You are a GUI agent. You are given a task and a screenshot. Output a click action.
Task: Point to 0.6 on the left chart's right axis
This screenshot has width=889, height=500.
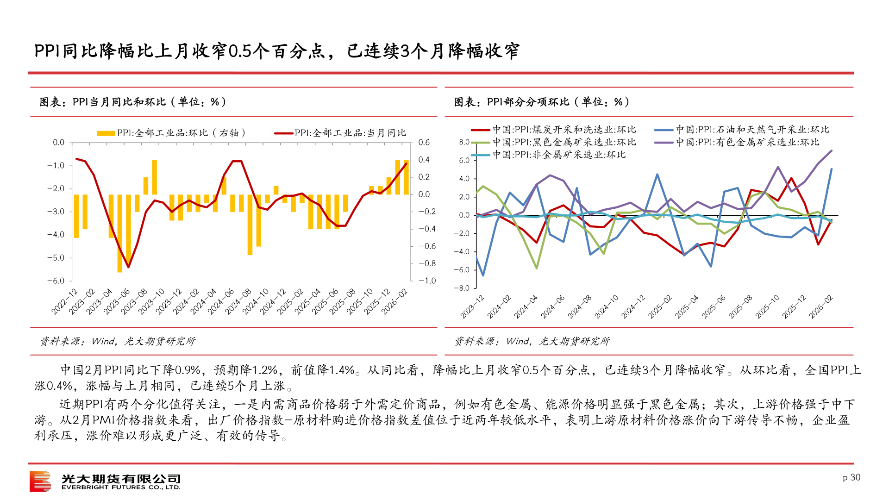(424, 143)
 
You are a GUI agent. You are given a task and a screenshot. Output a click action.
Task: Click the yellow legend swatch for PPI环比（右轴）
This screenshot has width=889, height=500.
(106, 133)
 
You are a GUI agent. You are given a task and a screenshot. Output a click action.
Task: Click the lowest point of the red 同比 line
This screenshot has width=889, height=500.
(128, 267)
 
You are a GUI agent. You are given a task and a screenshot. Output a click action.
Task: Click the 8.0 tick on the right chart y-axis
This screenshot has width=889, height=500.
(464, 142)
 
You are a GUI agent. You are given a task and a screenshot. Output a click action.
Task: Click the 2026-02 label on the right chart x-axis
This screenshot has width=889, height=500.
(821, 307)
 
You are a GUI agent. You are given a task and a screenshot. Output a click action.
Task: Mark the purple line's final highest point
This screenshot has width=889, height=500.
(832, 150)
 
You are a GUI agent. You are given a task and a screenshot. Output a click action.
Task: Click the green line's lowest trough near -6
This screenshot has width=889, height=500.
(537, 268)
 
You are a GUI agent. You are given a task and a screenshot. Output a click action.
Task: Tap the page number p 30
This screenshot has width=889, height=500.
(851, 477)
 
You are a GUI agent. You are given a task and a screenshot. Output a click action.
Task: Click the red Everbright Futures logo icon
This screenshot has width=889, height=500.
(40, 481)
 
